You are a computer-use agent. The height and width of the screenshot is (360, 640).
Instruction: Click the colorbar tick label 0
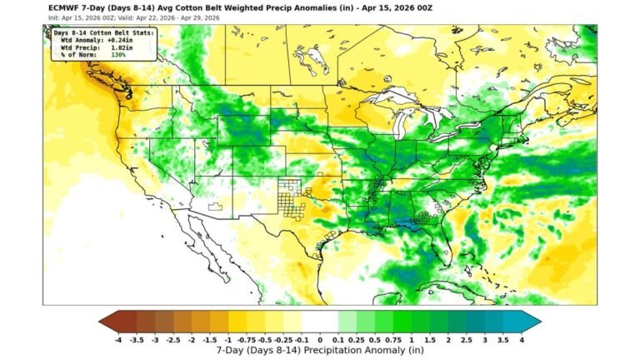click(x=320, y=340)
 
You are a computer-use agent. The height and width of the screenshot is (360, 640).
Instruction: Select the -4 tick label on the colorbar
click(x=118, y=340)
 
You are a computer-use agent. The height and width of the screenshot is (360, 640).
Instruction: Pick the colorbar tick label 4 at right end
click(x=522, y=340)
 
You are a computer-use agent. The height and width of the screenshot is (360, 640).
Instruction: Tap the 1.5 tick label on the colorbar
click(x=430, y=340)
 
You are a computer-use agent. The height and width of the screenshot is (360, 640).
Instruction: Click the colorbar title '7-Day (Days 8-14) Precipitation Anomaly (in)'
click(x=320, y=351)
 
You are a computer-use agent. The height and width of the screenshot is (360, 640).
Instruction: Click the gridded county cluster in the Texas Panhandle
click(x=292, y=198)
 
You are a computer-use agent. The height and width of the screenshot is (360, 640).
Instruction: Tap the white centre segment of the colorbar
click(x=320, y=321)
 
